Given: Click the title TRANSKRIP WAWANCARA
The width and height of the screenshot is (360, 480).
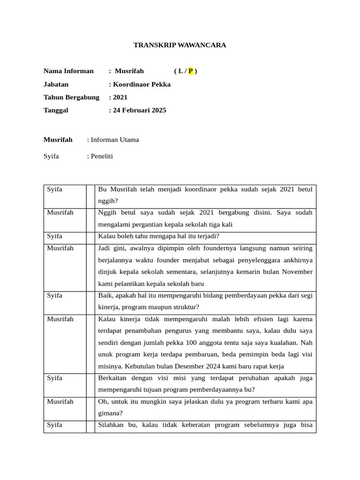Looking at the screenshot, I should click(180, 45).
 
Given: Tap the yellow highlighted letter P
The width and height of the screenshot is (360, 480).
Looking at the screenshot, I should click(190, 71).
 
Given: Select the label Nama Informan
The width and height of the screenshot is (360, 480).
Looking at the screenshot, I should click(68, 71).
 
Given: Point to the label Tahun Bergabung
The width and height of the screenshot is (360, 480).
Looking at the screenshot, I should click(71, 97).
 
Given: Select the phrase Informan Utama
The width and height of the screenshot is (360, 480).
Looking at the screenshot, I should click(115, 140).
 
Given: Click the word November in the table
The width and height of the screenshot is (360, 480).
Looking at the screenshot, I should click(296, 272).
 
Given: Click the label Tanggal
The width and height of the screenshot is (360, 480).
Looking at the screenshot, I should click(56, 111).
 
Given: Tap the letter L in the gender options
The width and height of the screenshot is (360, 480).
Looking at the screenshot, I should click(179, 71).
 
